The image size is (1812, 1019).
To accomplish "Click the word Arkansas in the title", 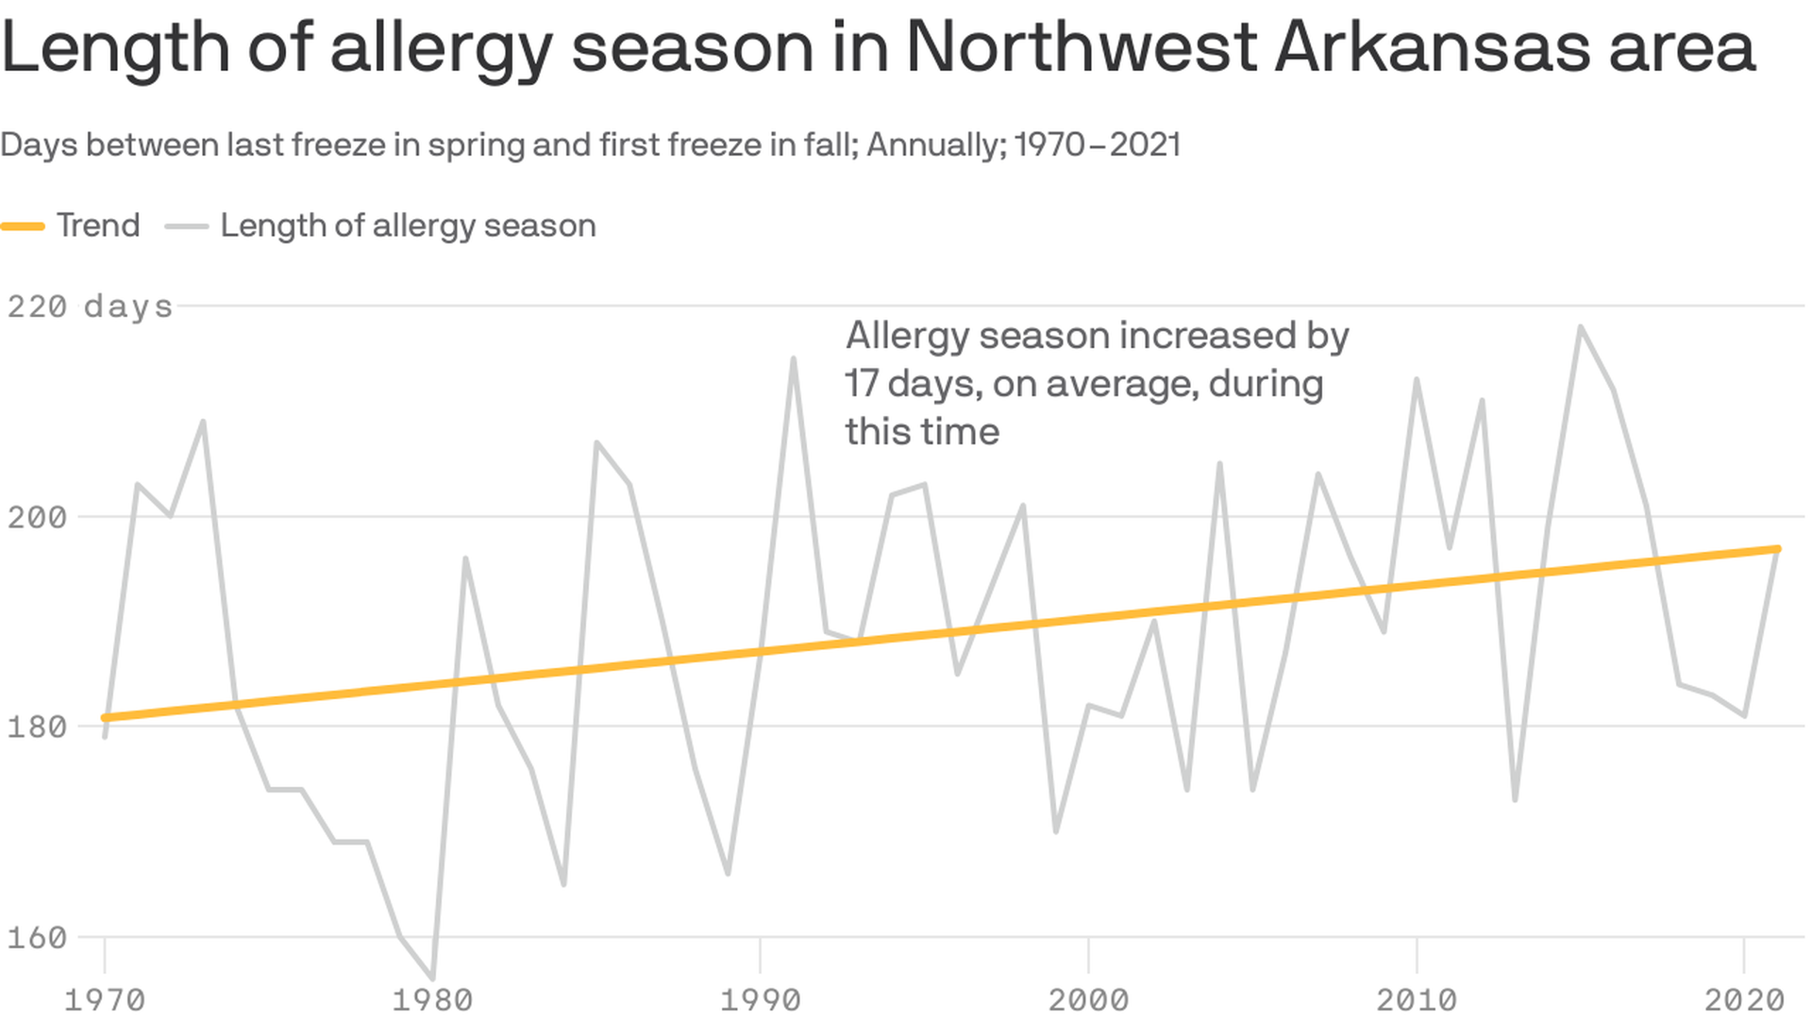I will click(x=1433, y=47).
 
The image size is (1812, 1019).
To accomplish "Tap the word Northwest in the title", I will click(x=1082, y=47).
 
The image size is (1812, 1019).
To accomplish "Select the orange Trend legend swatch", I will click(x=23, y=226).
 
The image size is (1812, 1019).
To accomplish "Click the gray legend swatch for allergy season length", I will click(x=186, y=226).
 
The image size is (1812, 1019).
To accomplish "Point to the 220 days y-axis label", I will click(x=90, y=307).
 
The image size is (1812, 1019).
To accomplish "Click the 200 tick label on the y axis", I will click(x=38, y=517).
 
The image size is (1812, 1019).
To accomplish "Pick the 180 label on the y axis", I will click(x=38, y=727).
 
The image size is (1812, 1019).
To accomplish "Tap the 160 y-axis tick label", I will click(x=38, y=938).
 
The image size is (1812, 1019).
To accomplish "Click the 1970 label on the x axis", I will click(x=104, y=999).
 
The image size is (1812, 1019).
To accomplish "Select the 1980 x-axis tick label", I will click(x=432, y=999).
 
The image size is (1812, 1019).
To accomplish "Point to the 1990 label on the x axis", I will click(x=761, y=999).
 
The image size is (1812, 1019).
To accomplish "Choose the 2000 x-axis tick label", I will click(x=1088, y=999).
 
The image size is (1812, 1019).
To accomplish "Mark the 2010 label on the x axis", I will click(x=1417, y=999).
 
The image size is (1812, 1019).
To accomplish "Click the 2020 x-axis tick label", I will click(x=1744, y=999).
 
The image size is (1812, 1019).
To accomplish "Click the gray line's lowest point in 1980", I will click(x=433, y=978).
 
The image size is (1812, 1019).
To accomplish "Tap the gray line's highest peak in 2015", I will click(x=1581, y=327).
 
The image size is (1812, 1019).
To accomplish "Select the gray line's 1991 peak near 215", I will click(x=794, y=359).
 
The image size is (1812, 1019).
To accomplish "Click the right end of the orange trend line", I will click(x=1778, y=548).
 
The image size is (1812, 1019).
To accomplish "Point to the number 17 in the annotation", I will click(x=861, y=384).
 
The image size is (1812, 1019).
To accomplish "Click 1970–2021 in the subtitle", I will click(x=1098, y=145).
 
